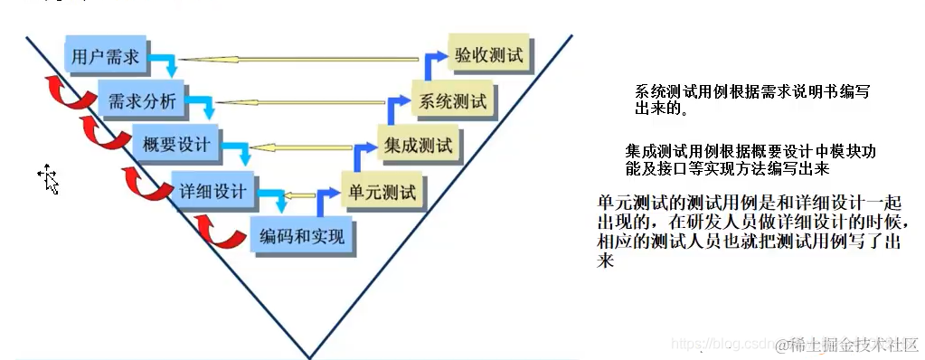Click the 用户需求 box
click(107, 56)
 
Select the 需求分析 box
click(142, 99)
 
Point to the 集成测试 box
click(417, 144)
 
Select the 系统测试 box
click(453, 99)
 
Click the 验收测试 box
click(488, 56)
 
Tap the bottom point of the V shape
click(309, 355)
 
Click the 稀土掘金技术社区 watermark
click(852, 344)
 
